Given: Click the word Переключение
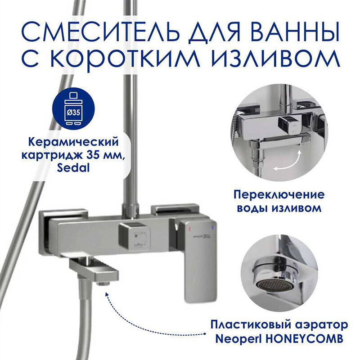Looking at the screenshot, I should pyautogui.click(x=279, y=195).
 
